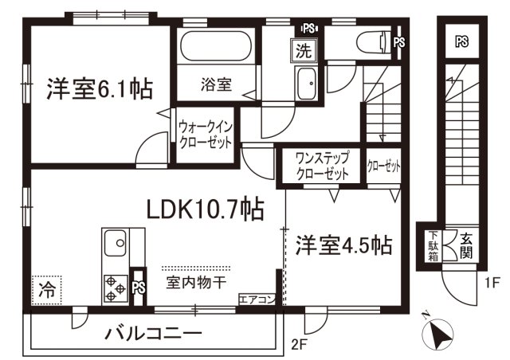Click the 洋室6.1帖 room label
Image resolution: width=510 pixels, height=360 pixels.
pos(100,88)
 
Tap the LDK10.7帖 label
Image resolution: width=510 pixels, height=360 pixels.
pos(205,209)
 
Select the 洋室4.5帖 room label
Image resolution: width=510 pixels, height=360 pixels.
pos(345,244)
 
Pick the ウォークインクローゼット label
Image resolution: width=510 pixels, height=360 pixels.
pos(204,135)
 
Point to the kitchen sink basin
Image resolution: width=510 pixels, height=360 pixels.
pos(114,241)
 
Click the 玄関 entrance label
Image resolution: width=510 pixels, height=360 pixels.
pos(465,245)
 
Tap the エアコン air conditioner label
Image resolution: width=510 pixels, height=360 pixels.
pos(257,299)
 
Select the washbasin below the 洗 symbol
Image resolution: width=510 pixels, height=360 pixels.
pos(306,82)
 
